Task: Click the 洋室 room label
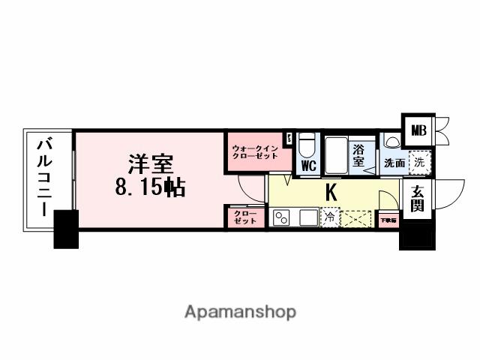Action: tap(150, 163)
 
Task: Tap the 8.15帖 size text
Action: tap(150, 187)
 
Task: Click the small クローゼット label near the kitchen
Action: tap(244, 217)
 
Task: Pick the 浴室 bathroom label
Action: tap(358, 155)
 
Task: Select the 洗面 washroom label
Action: tap(394, 162)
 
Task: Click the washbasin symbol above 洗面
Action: tap(391, 141)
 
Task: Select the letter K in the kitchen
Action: tap(330, 192)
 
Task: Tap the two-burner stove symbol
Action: tap(282, 218)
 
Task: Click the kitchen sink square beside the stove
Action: tap(307, 218)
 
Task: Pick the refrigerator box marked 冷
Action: tap(328, 218)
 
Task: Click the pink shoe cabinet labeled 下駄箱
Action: tap(388, 220)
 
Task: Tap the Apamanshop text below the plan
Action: tap(240, 311)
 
